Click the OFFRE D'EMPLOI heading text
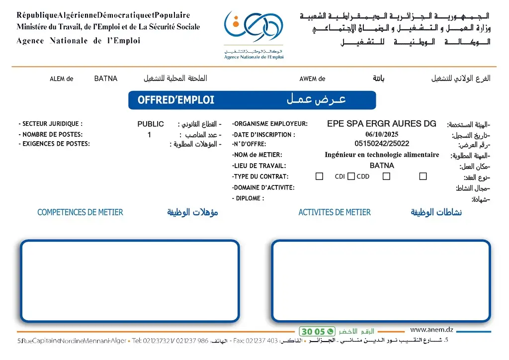pyautogui.click(x=176, y=100)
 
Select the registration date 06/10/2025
pyautogui.click(x=381, y=134)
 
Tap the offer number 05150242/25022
pyautogui.click(x=381, y=144)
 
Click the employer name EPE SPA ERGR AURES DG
pyautogui.click(x=381, y=124)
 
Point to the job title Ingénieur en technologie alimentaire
pyautogui.click(x=381, y=155)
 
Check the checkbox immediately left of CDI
pyautogui.click(x=320, y=177)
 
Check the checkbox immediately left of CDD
pyautogui.click(x=351, y=177)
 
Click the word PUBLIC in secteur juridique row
pyautogui.click(x=151, y=124)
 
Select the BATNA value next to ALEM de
pyautogui.click(x=106, y=79)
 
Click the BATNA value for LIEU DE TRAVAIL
pyautogui.click(x=381, y=166)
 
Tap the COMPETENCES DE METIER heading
pyautogui.click(x=80, y=212)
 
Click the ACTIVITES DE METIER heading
pyautogui.click(x=334, y=212)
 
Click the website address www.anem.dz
pyautogui.click(x=431, y=330)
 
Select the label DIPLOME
pyautogui.click(x=248, y=198)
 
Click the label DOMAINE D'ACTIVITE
pyautogui.click(x=263, y=187)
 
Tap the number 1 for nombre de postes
pyautogui.click(x=149, y=135)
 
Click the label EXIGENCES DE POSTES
pyautogui.click(x=54, y=144)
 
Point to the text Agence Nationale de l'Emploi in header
pyautogui.click(x=78, y=41)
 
